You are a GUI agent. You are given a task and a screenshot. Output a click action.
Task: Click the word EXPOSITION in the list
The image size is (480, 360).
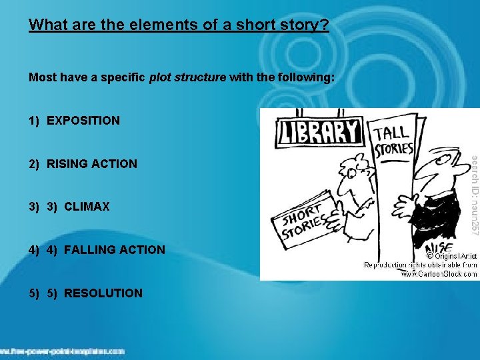pyautogui.click(x=83, y=121)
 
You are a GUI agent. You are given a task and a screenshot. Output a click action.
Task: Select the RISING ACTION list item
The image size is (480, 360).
pyautogui.click(x=92, y=164)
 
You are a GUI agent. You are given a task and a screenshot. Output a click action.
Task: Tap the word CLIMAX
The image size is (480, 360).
pyautogui.click(x=87, y=207)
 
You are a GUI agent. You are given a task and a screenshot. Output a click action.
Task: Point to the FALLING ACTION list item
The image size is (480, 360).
pyautogui.click(x=114, y=250)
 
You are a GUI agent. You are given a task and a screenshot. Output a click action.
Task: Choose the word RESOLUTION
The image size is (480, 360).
pyautogui.click(x=103, y=293)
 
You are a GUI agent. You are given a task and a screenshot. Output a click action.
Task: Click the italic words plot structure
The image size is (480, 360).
pyautogui.click(x=187, y=78)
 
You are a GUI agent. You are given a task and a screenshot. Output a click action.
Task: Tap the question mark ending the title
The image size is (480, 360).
pyautogui.click(x=325, y=25)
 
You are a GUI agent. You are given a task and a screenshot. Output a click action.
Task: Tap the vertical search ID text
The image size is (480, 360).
pyautogui.click(x=474, y=194)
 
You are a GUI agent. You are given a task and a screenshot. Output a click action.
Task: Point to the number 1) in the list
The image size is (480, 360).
pyautogui.click(x=34, y=121)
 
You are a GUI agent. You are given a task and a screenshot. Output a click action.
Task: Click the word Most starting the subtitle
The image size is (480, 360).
pyautogui.click(x=41, y=78)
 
